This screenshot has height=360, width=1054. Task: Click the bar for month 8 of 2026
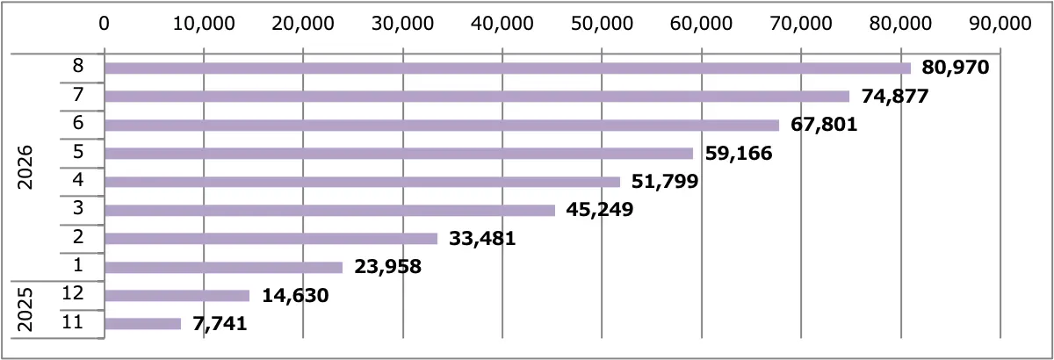coord(508,68)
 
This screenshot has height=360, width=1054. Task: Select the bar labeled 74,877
coord(477,97)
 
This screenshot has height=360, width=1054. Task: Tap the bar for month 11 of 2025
coord(143,324)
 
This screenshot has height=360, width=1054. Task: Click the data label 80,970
coord(956,68)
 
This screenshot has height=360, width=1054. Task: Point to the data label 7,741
coord(220,324)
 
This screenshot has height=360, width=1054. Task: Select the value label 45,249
coord(599,209)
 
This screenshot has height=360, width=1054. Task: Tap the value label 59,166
coord(739,154)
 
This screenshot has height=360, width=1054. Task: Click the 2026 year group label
coord(25,168)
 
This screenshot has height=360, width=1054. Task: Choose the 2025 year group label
coord(25,310)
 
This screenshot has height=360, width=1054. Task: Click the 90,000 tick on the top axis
coord(1000,23)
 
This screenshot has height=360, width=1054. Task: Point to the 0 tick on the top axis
coord(104,23)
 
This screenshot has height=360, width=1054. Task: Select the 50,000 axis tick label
coord(602,23)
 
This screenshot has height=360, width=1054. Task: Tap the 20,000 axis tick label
coord(303,23)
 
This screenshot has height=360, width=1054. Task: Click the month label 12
coord(73,293)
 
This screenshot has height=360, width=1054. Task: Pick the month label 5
coord(78,152)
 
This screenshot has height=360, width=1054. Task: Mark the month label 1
coord(78,265)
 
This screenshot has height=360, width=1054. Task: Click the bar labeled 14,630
coord(177,296)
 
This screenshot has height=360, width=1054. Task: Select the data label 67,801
coord(824,125)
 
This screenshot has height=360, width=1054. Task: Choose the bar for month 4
coord(362,182)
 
